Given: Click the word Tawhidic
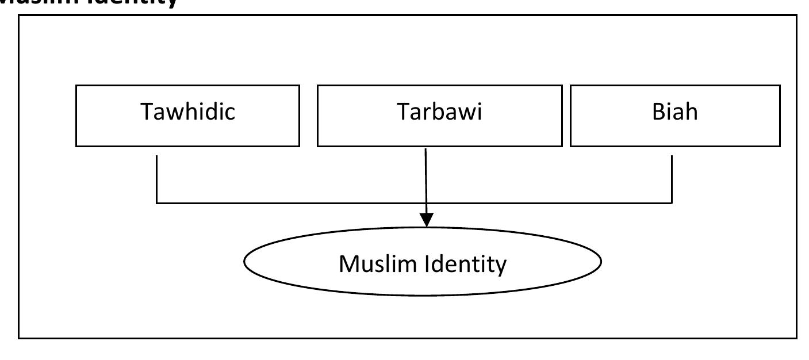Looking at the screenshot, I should tap(188, 112).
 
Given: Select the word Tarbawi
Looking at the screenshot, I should tap(439, 112).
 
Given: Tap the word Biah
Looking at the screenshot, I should tap(674, 112).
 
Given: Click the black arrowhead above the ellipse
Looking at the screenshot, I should tap(426, 220).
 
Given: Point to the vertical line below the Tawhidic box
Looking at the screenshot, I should tap(157, 178).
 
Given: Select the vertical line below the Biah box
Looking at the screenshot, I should tap(672, 178).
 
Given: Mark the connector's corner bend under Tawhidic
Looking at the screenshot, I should tap(157, 202).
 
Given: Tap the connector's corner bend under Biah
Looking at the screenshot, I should tap(672, 202).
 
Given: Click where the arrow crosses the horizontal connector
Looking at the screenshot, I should tap(426, 202).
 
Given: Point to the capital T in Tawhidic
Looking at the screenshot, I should tap(147, 112).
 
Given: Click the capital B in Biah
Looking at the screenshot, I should tap(658, 112).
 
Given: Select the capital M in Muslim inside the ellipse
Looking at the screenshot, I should tap(349, 264).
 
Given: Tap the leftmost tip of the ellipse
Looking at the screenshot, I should tap(245, 262).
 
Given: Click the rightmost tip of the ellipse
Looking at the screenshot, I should tap(601, 262).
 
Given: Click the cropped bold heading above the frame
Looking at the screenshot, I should tap(86, 3).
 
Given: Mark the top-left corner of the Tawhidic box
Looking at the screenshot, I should tap(76, 86).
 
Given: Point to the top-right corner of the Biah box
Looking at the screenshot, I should tap(780, 86).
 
